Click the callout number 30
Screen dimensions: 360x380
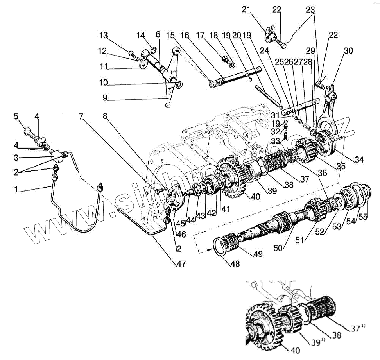(x=348, y=51)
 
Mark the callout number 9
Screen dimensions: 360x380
(x=105, y=97)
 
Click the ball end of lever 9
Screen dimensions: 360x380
(x=168, y=106)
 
